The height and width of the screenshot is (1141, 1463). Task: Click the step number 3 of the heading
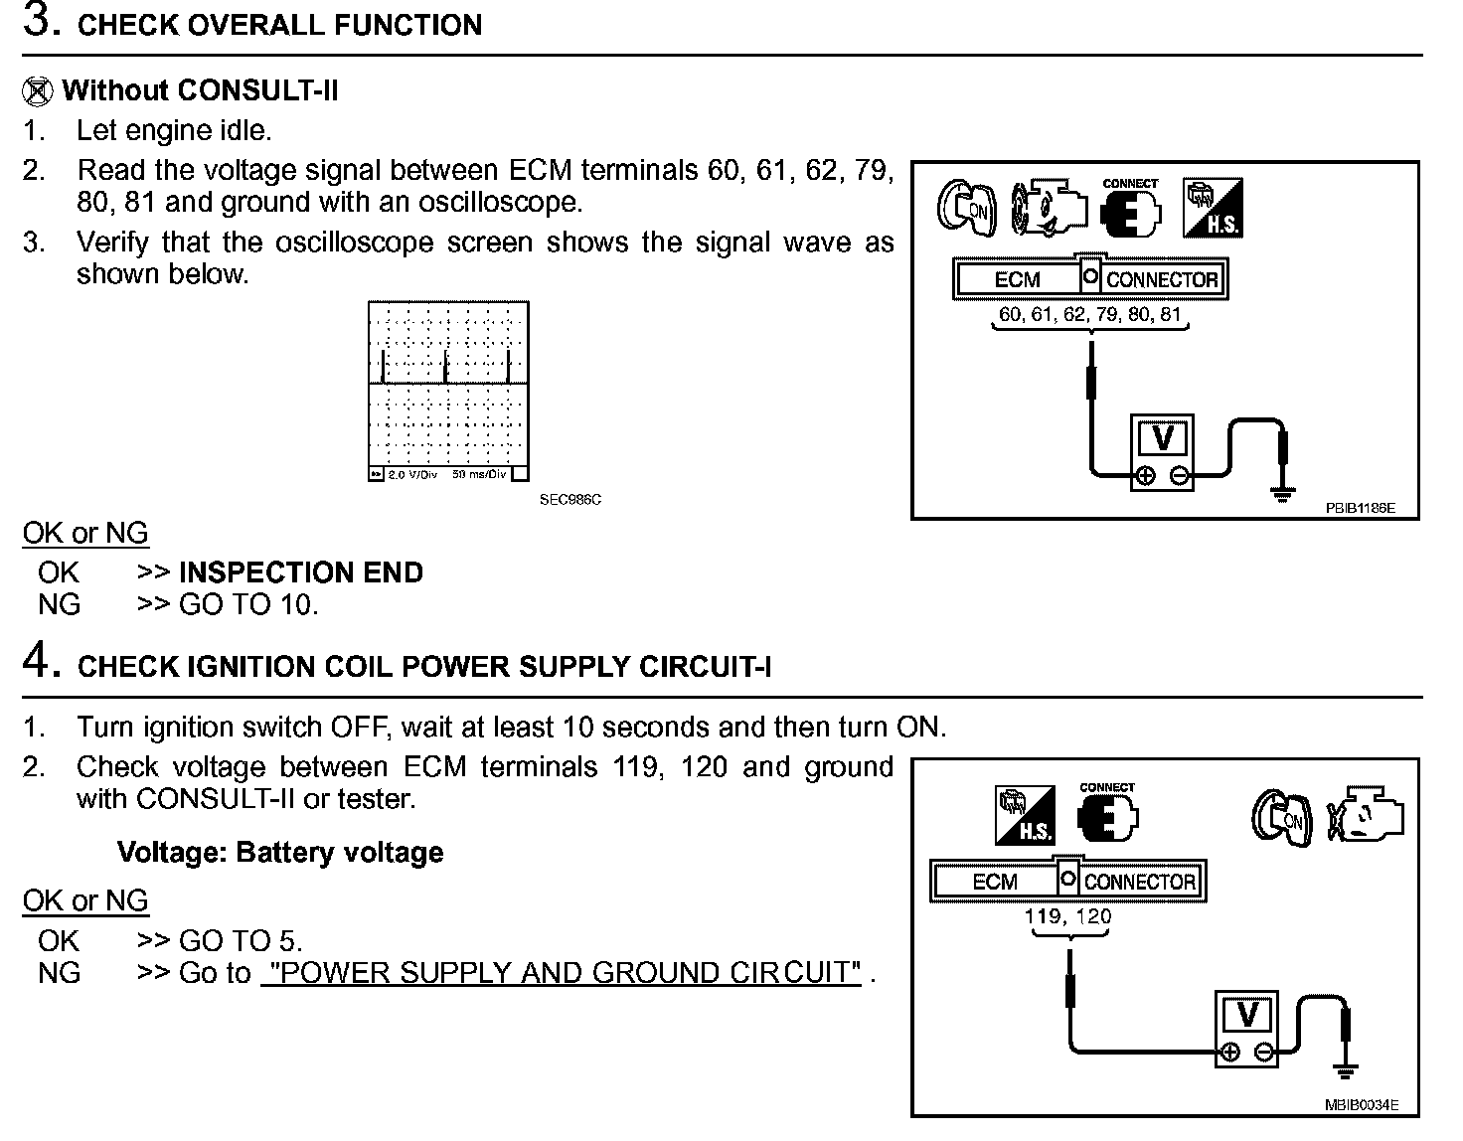click(38, 22)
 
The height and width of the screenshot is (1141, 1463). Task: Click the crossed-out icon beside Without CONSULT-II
click(37, 91)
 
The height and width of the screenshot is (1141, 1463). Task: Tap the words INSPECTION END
click(300, 572)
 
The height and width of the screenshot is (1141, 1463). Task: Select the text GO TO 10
click(247, 604)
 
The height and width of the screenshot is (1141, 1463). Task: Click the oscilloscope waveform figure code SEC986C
click(569, 500)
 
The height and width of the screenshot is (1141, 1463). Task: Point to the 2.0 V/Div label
click(412, 475)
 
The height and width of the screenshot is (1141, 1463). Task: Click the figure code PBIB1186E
click(1360, 508)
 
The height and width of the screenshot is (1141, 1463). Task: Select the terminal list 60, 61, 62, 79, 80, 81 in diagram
click(1089, 314)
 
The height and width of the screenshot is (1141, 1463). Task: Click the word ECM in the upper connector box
click(1017, 279)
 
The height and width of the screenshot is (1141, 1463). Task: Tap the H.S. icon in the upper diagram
click(1212, 209)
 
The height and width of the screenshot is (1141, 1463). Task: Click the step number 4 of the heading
click(38, 660)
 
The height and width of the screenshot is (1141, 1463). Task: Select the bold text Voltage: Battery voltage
click(280, 853)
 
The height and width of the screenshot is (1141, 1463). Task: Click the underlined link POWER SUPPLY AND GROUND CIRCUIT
click(562, 972)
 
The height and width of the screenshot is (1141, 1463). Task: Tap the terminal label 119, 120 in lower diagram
click(1068, 915)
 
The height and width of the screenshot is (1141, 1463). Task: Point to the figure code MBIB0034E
click(1361, 1104)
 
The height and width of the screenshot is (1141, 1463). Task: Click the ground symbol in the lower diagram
click(1346, 1069)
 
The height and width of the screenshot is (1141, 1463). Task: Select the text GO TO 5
click(240, 940)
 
